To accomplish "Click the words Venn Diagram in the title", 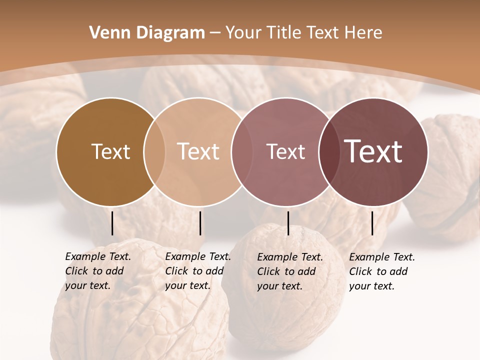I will tap(147, 33).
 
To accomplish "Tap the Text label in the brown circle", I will tap(110, 151).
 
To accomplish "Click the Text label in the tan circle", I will tap(198, 151).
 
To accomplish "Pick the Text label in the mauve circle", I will tap(286, 151).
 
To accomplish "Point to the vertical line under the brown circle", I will tap(112, 223).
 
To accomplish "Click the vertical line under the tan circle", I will tap(200, 223).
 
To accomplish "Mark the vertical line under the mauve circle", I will tap(288, 223).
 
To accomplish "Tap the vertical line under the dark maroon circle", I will tap(372, 223).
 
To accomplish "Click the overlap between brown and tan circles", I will tap(154, 152).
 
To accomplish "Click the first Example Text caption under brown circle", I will tap(97, 271).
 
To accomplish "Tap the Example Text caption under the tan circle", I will tap(197, 271).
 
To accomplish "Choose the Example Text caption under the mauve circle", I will tap(289, 271).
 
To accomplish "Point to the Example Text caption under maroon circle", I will tap(381, 271).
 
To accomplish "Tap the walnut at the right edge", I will tap(447, 175).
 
